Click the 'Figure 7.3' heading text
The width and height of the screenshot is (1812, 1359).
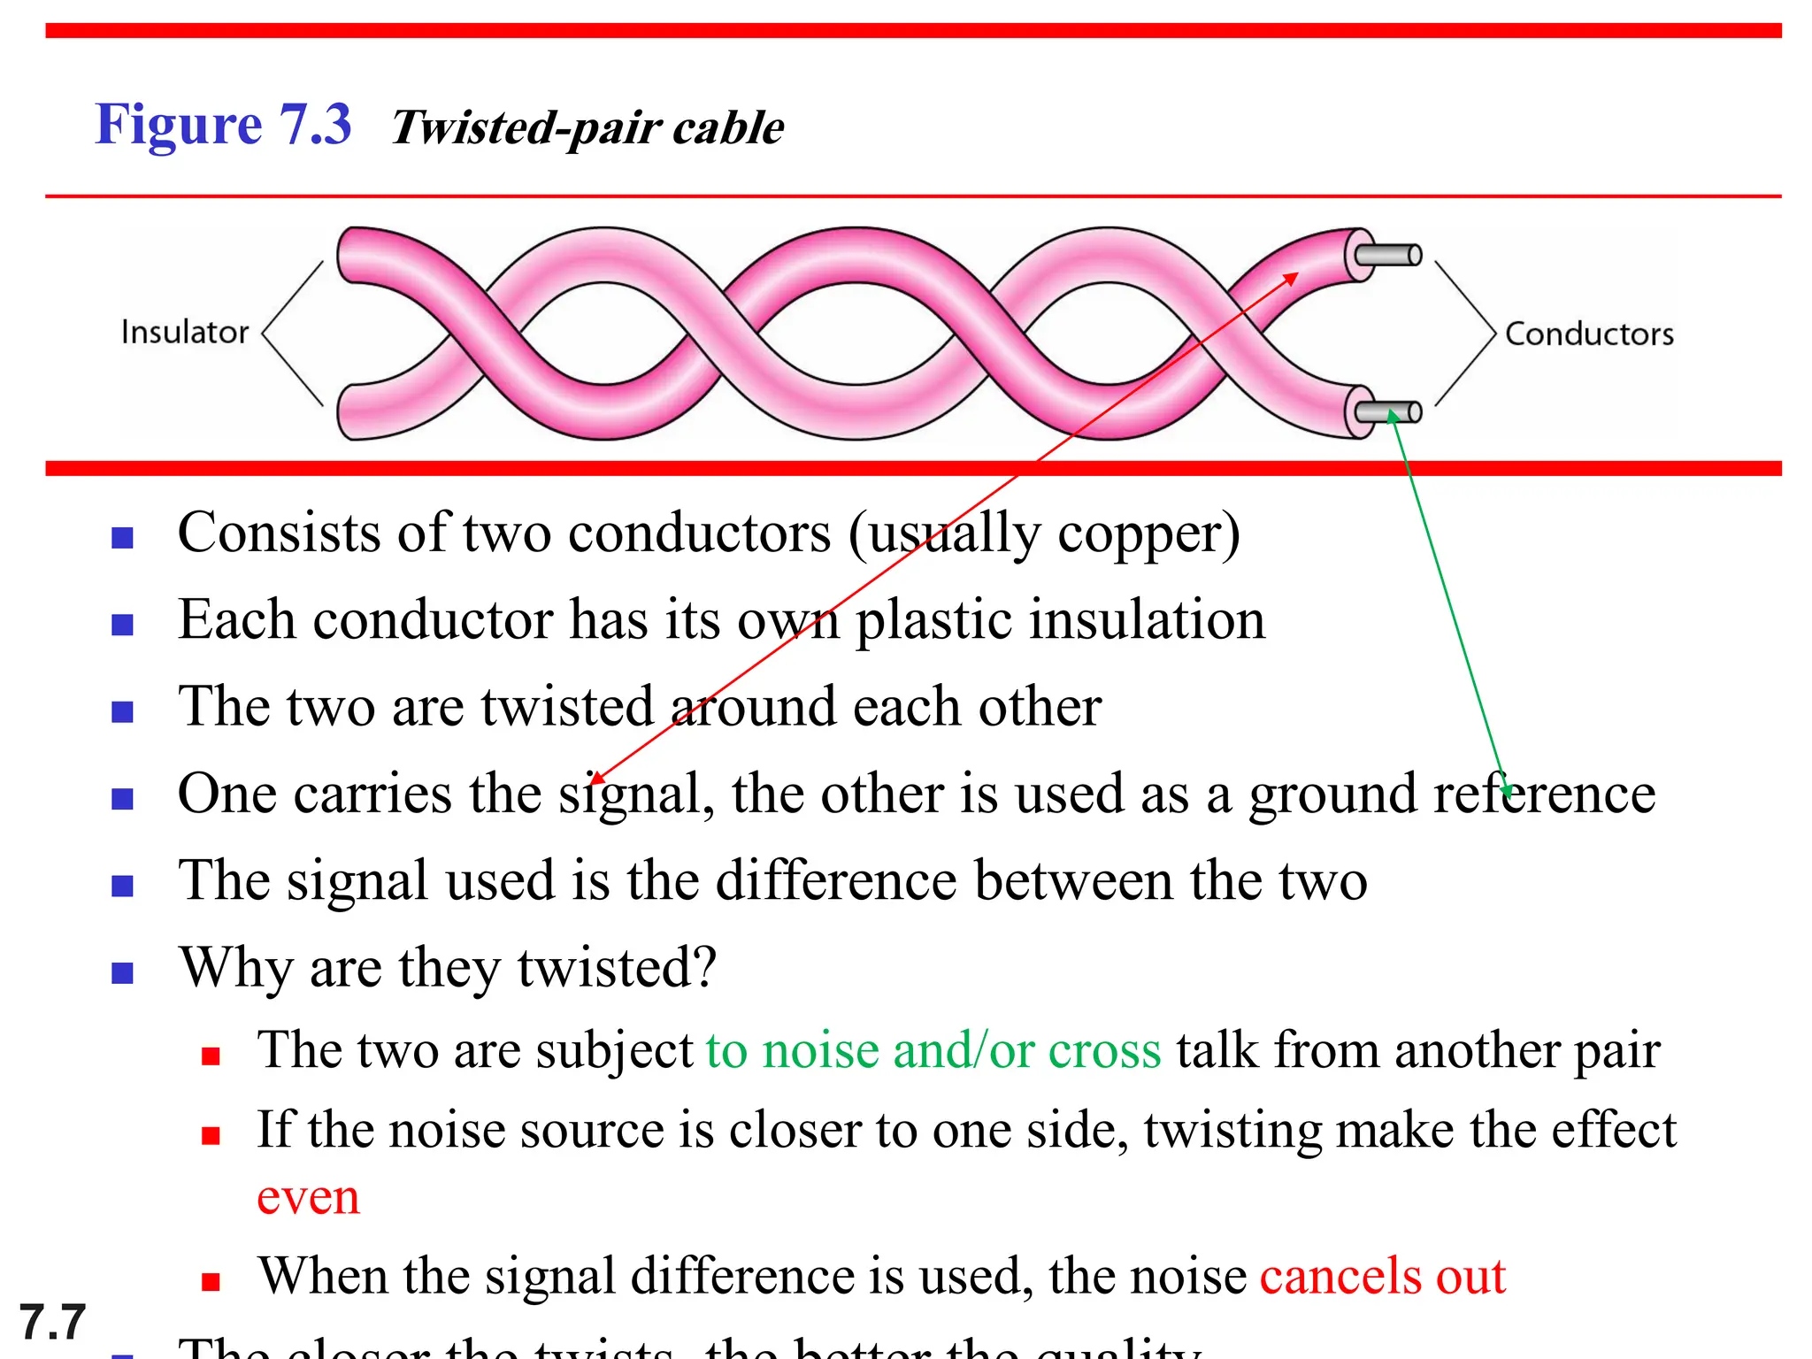click(x=223, y=124)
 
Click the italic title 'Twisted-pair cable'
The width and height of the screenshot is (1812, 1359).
click(x=587, y=127)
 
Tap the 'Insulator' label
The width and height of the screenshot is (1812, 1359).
click(x=184, y=332)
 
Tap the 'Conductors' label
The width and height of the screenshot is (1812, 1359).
click(x=1589, y=334)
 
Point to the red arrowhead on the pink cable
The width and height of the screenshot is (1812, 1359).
click(x=1292, y=279)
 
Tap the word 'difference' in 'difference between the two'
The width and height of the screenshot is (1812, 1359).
click(x=836, y=880)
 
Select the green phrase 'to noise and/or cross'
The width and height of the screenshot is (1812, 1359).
click(x=933, y=1051)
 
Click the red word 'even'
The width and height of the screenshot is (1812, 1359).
click(x=308, y=1197)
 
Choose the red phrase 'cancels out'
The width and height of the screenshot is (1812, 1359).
click(x=1382, y=1276)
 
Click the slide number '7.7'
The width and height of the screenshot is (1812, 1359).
click(x=52, y=1323)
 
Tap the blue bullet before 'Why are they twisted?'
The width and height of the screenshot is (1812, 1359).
click(x=122, y=974)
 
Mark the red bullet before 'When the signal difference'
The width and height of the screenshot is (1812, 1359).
click(x=211, y=1282)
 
